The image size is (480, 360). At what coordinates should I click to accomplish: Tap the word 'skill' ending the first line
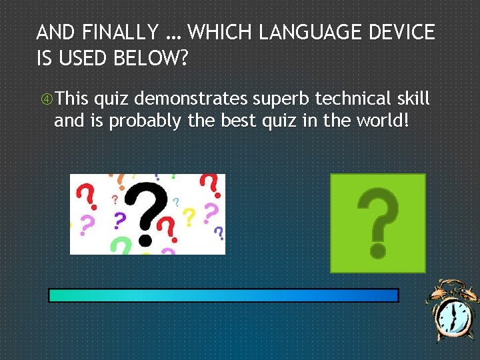[x=413, y=100]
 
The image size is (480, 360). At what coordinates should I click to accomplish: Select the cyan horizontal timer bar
[x=223, y=295]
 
